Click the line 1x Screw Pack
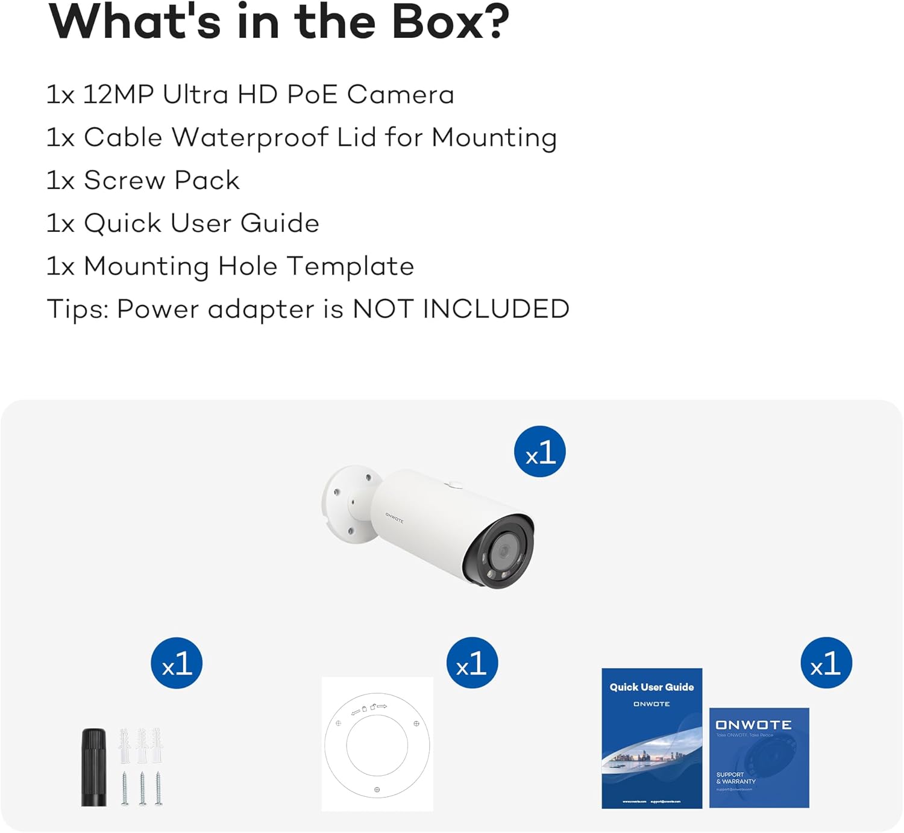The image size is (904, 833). [143, 180]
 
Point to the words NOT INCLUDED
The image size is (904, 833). [461, 309]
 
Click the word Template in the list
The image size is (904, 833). [350, 266]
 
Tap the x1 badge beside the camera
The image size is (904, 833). [539, 452]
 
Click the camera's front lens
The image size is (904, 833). [501, 551]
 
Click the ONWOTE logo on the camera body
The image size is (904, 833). [394, 517]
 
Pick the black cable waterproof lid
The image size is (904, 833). [94, 767]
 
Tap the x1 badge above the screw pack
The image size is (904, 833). [177, 663]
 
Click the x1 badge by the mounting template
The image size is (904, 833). [472, 663]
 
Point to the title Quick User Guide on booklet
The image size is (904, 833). [651, 687]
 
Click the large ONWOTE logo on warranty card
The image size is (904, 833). [753, 725]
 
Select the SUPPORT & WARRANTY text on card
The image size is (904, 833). [735, 778]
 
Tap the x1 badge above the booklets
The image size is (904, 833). [826, 663]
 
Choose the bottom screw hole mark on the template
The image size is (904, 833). [377, 790]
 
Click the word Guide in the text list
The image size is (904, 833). [280, 223]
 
